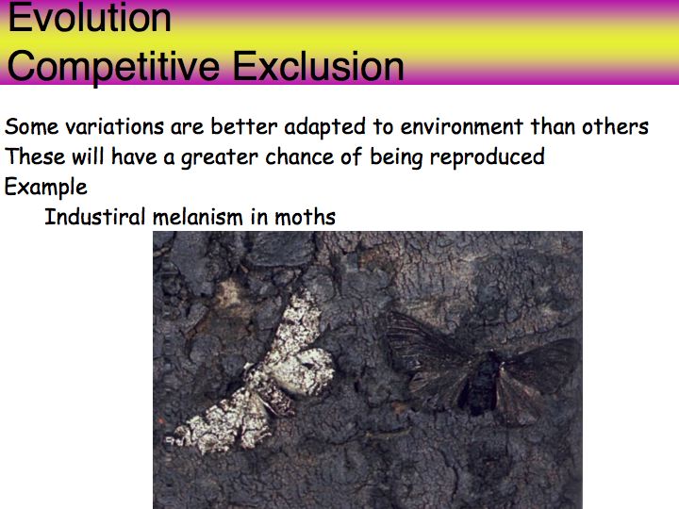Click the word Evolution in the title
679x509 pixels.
click(x=90, y=18)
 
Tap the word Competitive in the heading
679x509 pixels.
click(x=113, y=66)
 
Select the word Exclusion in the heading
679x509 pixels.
click(x=319, y=66)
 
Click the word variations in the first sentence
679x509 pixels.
click(x=114, y=127)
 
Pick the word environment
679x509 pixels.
click(x=461, y=127)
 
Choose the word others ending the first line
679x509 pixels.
click(x=615, y=127)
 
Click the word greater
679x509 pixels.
click(x=219, y=157)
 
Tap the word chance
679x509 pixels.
click(x=299, y=157)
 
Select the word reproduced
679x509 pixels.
click(x=488, y=157)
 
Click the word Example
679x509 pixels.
click(x=46, y=188)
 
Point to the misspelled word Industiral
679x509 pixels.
click(x=95, y=217)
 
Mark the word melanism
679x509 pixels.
click(x=198, y=217)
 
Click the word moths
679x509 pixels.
click(x=306, y=217)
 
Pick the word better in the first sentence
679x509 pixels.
click(x=244, y=127)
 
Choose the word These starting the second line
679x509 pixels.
click(x=35, y=157)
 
